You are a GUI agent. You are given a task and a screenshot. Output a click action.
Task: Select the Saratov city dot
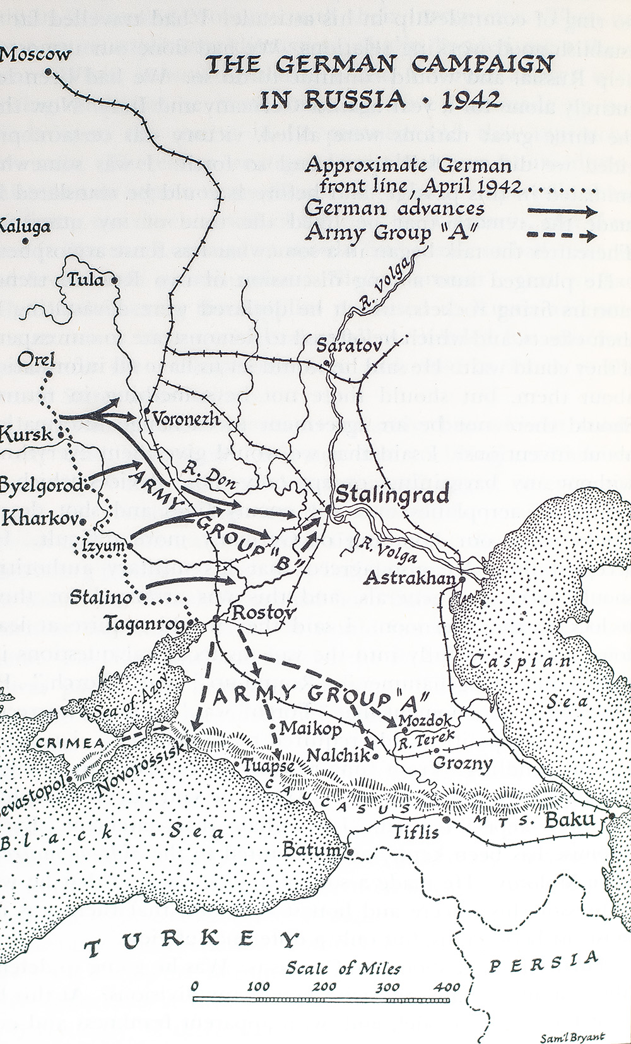(x=326, y=363)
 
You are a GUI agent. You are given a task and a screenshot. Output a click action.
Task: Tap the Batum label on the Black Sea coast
(x=312, y=850)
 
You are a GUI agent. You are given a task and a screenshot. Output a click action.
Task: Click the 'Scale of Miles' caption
(x=343, y=968)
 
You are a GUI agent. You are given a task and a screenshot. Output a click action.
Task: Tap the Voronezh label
(x=182, y=417)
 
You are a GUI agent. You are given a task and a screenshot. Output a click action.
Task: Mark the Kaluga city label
(x=24, y=225)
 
